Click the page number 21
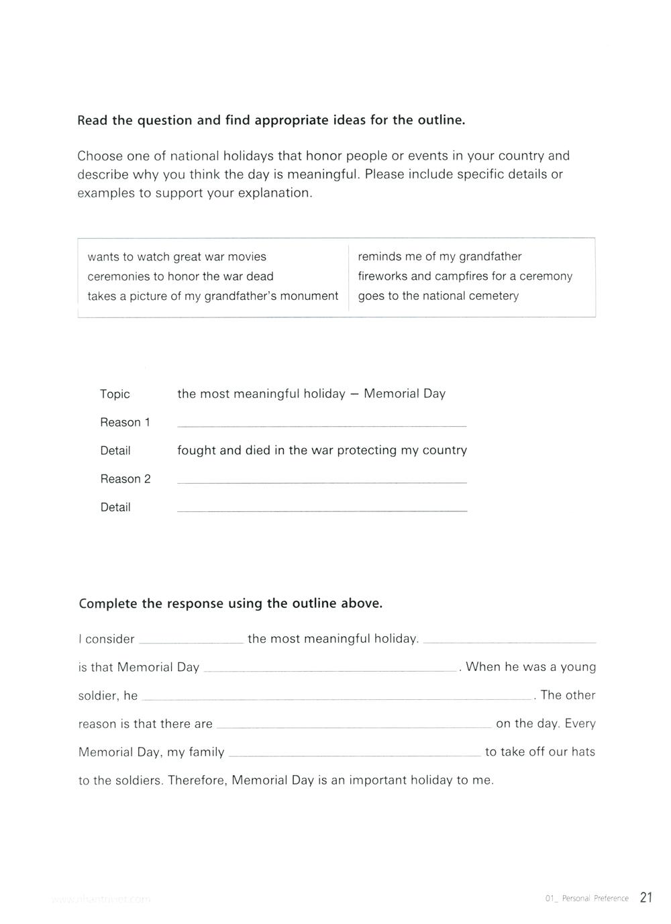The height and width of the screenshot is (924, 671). [x=646, y=897]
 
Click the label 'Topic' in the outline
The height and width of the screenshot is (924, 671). [x=115, y=394]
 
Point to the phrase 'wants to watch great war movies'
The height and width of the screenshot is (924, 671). [x=176, y=257]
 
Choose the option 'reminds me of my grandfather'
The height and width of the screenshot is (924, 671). [x=440, y=256]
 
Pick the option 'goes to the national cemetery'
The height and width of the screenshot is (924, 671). [x=438, y=296]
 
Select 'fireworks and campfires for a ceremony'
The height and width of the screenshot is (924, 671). [x=465, y=276]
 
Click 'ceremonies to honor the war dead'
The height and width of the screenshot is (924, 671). [x=180, y=276]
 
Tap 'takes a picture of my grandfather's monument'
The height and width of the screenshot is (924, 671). [x=213, y=296]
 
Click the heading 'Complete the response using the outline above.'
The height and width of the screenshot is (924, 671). [x=231, y=603]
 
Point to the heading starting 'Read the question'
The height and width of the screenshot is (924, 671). [x=271, y=121]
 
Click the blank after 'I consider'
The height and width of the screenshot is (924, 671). [x=191, y=641]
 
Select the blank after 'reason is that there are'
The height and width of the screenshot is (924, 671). [x=354, y=726]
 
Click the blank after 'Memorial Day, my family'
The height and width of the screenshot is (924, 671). [x=355, y=754]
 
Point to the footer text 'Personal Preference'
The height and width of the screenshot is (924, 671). [x=595, y=899]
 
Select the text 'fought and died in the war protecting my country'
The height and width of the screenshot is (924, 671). [x=322, y=450]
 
